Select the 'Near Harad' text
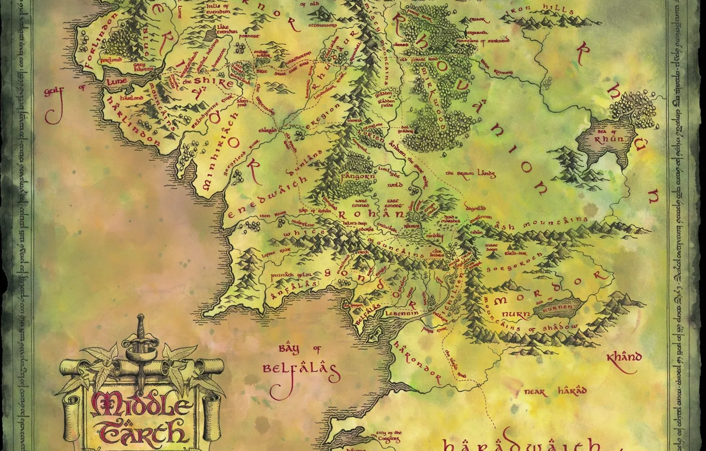[555, 392]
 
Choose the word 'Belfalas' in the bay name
[300, 369]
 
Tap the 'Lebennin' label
[406, 314]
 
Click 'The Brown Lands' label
[462, 172]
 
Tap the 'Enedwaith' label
[268, 196]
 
